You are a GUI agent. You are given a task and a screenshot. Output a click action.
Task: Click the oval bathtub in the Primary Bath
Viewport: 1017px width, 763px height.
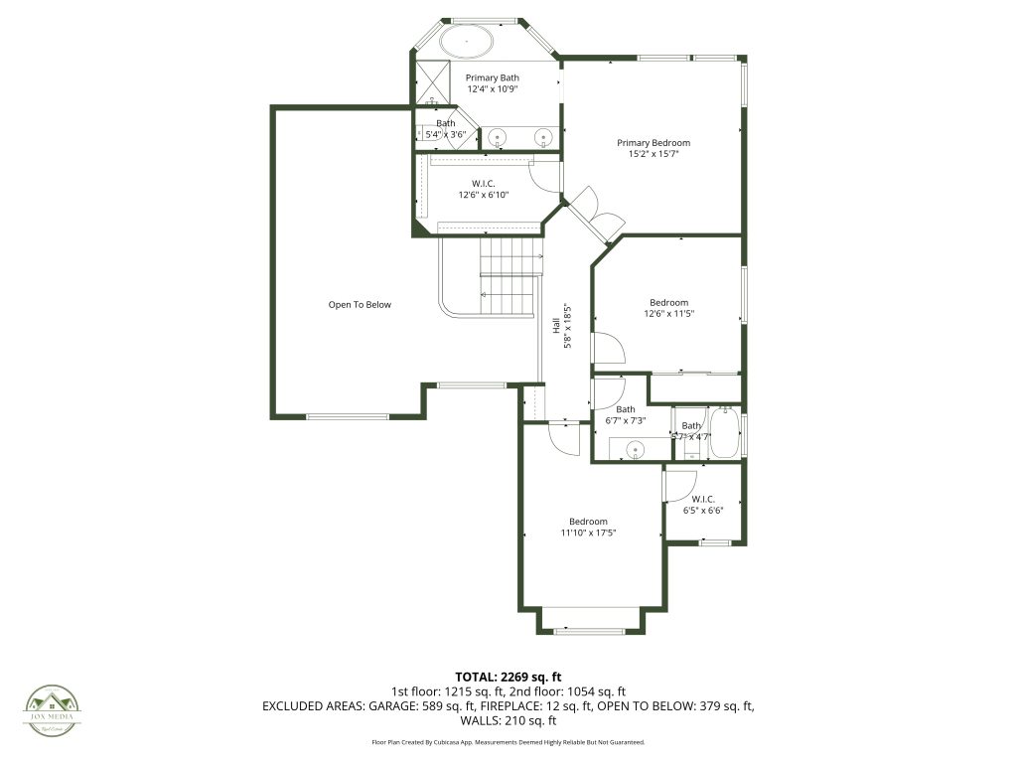click(467, 42)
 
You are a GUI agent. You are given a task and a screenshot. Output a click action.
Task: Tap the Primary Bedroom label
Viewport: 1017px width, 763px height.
click(653, 143)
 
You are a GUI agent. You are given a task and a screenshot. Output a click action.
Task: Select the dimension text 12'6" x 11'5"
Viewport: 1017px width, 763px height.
click(668, 314)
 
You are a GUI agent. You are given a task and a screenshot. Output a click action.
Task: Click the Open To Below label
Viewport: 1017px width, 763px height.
click(360, 305)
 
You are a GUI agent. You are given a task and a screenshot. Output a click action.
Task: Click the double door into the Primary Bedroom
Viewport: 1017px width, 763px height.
click(599, 213)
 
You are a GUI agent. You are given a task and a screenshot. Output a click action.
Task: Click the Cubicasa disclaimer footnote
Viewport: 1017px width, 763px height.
click(508, 742)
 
